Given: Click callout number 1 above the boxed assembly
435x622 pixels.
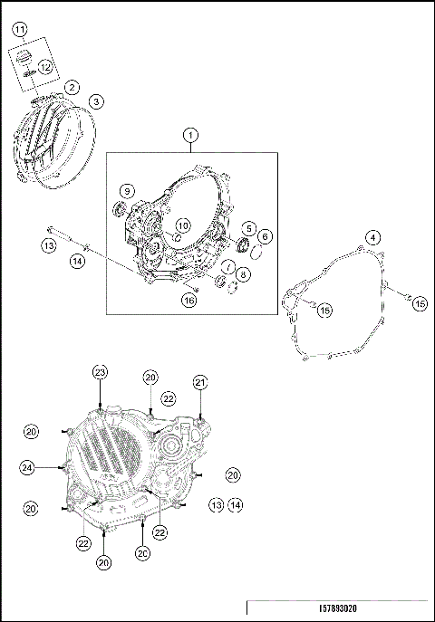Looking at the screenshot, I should [191, 136].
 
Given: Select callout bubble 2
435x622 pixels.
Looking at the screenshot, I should [71, 87].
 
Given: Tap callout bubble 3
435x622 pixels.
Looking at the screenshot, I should [96, 101].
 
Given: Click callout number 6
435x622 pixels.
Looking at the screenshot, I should [265, 236].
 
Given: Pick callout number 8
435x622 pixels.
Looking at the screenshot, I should [245, 274].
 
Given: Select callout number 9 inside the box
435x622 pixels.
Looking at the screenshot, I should [127, 191].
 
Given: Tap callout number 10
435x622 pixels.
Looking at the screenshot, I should [182, 225].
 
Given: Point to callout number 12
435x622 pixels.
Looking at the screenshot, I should [44, 65].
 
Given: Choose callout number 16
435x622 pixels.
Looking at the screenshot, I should [188, 300].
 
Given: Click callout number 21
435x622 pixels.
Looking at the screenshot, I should [200, 382].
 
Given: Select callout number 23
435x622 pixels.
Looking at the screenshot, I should [100, 372].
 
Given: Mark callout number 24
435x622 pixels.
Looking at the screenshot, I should [29, 467].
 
